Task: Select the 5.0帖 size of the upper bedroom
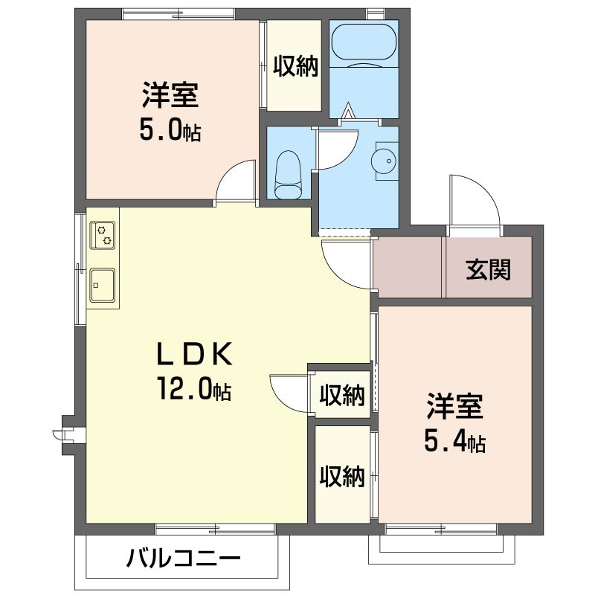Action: coord(170,130)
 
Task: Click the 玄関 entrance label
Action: coord(489,268)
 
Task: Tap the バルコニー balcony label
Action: coord(183,558)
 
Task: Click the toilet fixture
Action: coord(286,176)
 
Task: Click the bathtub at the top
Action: coord(364,44)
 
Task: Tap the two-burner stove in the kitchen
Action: coord(103,235)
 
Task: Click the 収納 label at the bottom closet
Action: coord(342,476)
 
